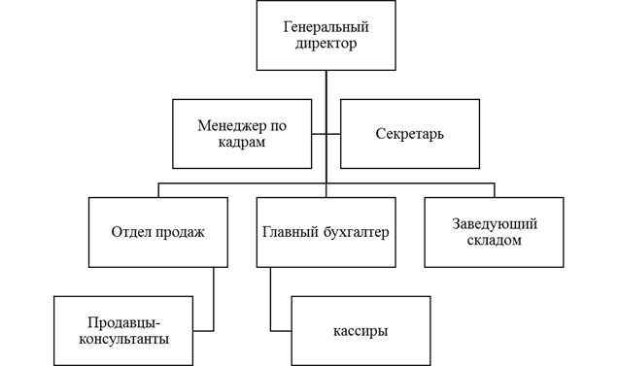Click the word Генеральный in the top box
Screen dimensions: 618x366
(x=326, y=27)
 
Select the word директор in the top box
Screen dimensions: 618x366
(x=326, y=44)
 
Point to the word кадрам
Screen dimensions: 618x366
(x=242, y=143)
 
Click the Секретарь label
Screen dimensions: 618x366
(x=409, y=134)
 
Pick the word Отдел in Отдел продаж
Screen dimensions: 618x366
(x=130, y=232)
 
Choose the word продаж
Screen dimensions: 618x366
(x=180, y=232)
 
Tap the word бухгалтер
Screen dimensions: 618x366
(x=357, y=232)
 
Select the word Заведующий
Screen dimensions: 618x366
(x=495, y=224)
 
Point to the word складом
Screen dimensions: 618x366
(x=495, y=241)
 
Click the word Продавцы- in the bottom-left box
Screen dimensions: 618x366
(x=123, y=322)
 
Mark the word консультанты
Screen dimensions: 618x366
(x=123, y=339)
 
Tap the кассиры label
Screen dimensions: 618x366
(x=360, y=331)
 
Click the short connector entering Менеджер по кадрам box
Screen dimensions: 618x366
(x=319, y=134)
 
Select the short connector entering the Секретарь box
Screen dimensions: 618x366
(x=333, y=134)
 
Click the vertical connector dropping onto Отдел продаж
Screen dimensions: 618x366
(x=158, y=190)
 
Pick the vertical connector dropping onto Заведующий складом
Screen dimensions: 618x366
(x=495, y=190)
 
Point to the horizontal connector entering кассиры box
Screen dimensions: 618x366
(x=281, y=330)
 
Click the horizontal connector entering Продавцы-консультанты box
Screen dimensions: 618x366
(x=203, y=330)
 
